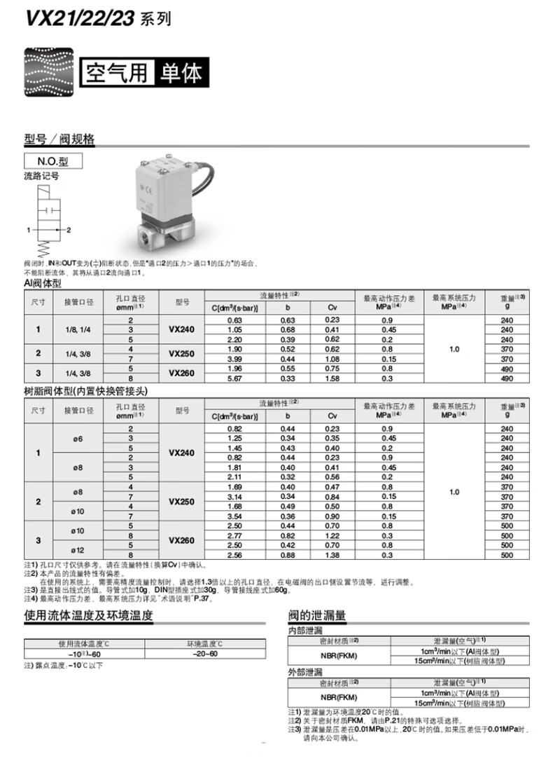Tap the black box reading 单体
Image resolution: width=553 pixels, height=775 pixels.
[181, 73]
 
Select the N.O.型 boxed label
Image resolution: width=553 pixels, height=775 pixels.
[53, 161]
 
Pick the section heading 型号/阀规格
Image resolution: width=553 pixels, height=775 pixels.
[59, 139]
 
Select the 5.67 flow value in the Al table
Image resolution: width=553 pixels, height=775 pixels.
[235, 378]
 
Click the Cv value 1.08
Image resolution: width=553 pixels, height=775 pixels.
[332, 359]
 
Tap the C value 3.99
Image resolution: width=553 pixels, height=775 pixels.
[235, 359]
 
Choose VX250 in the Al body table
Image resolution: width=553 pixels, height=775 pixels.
[182, 354]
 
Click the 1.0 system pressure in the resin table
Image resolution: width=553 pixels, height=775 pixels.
[454, 492]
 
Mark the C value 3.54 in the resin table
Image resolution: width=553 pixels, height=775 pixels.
[235, 516]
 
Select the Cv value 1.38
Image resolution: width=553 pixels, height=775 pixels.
[332, 554]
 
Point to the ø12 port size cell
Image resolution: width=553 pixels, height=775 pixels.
[78, 549]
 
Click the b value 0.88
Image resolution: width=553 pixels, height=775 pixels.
[287, 554]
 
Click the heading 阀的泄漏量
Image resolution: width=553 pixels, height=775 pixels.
[317, 616]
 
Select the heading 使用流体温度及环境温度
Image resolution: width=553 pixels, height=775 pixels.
[88, 616]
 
